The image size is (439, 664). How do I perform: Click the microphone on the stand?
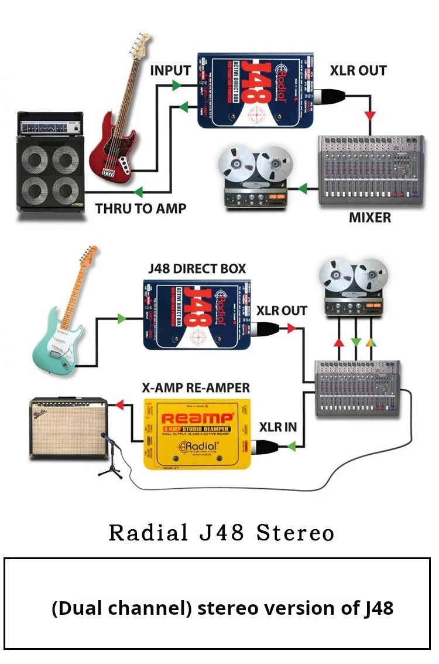click(104, 437)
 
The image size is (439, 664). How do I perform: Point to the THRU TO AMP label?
click(140, 208)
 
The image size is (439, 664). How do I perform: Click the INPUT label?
click(170, 70)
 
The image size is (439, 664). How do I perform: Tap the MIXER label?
click(369, 217)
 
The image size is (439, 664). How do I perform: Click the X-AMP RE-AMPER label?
click(196, 388)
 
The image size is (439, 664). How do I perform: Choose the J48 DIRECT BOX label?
click(197, 269)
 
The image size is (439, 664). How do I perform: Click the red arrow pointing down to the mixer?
click(369, 115)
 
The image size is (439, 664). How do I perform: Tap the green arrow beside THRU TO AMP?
click(139, 192)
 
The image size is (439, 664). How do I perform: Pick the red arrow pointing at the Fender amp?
click(119, 404)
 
